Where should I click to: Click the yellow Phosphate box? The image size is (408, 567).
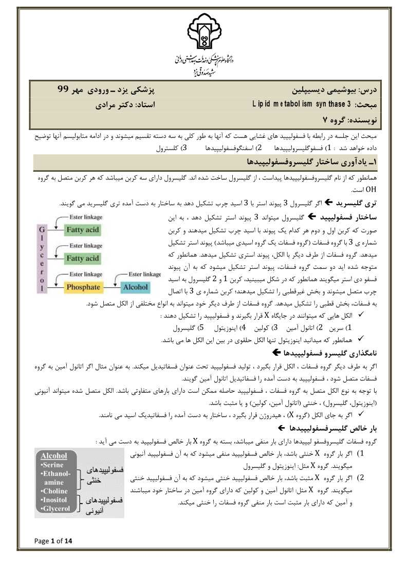click(x=83, y=287)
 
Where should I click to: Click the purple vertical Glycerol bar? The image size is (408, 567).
click(x=44, y=252)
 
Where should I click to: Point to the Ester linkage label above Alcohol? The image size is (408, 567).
click(x=144, y=275)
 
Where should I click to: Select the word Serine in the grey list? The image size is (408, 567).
click(x=53, y=464)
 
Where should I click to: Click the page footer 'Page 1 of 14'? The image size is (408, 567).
click(x=53, y=540)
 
